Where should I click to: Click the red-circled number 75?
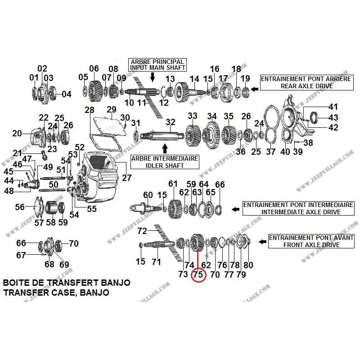[198, 274]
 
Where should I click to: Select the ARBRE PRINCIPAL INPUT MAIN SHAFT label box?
[157, 64]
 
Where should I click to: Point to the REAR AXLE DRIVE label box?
[306, 81]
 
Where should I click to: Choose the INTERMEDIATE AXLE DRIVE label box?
[298, 210]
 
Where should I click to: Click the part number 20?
[17, 133]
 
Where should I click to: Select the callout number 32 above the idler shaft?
[170, 122]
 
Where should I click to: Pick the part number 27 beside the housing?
[126, 177]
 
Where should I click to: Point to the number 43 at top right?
[333, 117]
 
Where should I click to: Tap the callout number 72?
[142, 231]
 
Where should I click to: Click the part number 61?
[173, 184]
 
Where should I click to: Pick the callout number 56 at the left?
[20, 207]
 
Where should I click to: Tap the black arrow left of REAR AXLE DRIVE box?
[254, 90]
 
